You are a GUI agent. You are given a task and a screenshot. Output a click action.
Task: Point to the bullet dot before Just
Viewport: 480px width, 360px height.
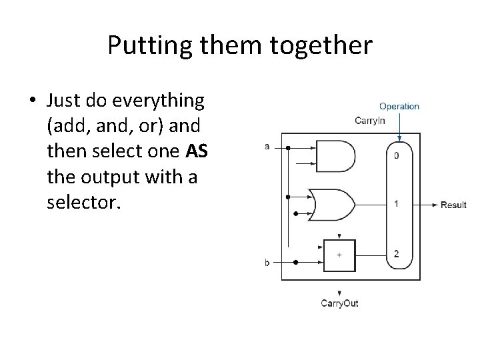tap(33, 101)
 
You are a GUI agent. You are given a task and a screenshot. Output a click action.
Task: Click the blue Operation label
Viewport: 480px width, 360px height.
tap(399, 106)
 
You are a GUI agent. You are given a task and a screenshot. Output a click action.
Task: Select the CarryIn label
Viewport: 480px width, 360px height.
tap(370, 121)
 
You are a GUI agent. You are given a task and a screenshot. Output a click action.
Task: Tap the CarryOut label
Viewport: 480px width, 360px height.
tap(339, 303)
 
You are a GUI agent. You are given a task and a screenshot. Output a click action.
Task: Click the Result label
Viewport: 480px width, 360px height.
tap(453, 205)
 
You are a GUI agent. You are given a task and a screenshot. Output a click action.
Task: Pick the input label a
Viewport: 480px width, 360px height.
tap(267, 146)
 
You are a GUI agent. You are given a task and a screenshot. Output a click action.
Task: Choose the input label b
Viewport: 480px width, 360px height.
tap(267, 263)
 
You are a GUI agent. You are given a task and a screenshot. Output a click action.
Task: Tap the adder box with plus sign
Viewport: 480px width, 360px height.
tap(339, 255)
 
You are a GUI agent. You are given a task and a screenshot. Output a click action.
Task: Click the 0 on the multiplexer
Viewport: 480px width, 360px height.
tap(397, 156)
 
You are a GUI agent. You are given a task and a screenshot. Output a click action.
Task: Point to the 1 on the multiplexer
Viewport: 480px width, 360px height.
tap(397, 204)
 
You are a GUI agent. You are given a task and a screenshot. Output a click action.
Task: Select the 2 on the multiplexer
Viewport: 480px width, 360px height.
tap(397, 253)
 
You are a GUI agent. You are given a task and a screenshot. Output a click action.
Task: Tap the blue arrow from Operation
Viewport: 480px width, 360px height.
tap(399, 127)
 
